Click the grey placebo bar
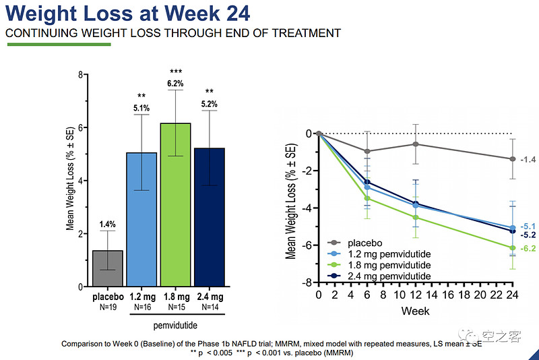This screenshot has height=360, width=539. coord(108,268)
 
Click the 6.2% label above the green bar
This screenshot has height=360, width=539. coord(176,84)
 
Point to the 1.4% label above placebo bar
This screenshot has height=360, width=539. coord(108,223)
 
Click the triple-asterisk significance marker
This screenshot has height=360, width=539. coord(176,72)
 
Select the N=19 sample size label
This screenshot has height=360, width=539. coord(108,306)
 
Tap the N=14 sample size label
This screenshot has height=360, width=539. coord(209,306)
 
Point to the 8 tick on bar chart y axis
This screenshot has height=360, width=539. coord(80,75)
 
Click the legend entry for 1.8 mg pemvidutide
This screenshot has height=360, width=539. coord(387,265)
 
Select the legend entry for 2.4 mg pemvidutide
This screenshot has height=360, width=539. coord(387,276)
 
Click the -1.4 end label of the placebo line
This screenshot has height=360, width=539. coord(528,159)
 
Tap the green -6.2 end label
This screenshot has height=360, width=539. coord(528,249)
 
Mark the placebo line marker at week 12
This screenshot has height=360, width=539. coord(416,144)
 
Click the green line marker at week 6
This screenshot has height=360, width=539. coord(367,198)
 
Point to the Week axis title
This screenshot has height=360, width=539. coord(415,311)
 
